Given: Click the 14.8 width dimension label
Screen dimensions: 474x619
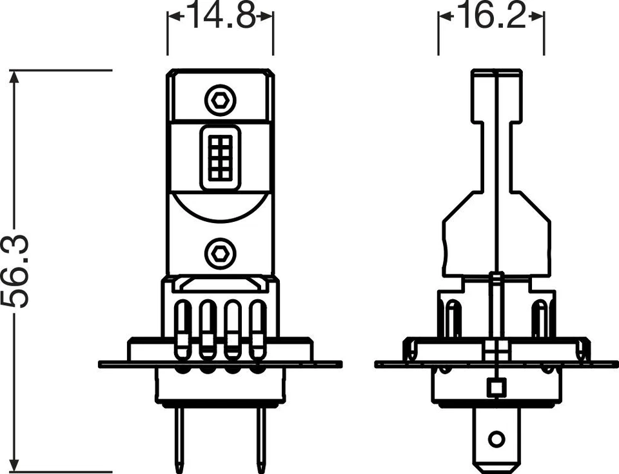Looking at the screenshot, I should [220, 17].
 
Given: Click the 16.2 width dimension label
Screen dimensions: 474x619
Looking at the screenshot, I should [491, 17].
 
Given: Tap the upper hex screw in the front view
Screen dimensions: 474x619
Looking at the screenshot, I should [220, 99].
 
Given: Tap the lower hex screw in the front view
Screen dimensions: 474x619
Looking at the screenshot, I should [220, 253].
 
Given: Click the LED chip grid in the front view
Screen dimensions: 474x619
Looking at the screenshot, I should [220, 157].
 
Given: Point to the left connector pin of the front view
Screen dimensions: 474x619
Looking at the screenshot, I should [180, 439].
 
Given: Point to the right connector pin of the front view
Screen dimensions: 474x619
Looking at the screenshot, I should [261, 439].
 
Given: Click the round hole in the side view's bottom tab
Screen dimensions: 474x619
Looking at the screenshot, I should [495, 440].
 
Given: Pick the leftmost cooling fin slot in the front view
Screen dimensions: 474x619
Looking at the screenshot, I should [183, 326].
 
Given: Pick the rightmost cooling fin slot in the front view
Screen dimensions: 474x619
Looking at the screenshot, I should [257, 326].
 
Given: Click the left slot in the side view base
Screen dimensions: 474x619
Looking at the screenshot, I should [454, 320].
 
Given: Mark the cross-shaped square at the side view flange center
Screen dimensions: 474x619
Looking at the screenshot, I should [495, 351].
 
